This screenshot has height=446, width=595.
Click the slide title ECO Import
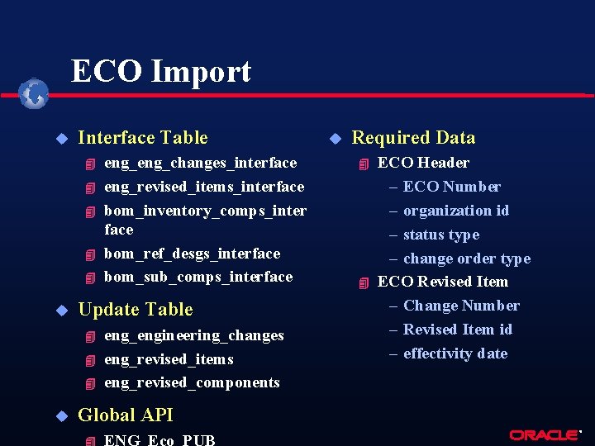coord(161,72)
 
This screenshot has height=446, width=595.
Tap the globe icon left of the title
coord(34,93)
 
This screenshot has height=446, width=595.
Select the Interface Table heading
coord(142,138)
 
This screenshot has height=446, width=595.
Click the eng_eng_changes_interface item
coord(200,163)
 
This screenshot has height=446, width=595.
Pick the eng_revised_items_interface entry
coord(203,187)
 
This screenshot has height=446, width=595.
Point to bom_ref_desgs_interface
coord(192,254)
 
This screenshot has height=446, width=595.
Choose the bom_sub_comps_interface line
coord(198,277)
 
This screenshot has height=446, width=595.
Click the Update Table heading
coord(135,310)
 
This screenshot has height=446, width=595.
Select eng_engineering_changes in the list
coord(193,335)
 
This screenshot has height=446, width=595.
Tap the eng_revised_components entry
coord(192,382)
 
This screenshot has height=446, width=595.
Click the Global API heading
coord(125,415)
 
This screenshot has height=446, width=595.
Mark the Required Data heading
coord(413,138)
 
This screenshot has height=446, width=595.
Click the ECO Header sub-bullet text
coord(423,163)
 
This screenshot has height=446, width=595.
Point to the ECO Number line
coord(451,187)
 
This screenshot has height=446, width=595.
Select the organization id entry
coord(455,211)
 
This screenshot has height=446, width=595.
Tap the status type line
coord(440,235)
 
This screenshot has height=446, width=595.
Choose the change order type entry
coord(466,259)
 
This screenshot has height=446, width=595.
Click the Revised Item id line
coord(457,330)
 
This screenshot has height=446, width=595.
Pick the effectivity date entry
coord(455,353)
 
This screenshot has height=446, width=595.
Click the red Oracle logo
coord(544,434)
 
